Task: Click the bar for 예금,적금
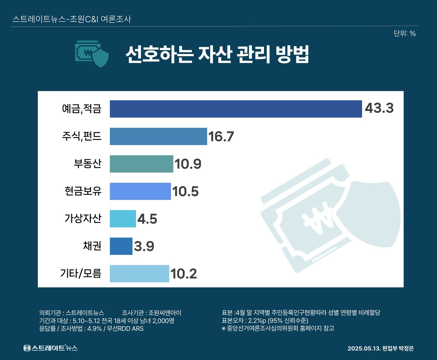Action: coord(236,109)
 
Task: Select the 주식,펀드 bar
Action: coord(158,136)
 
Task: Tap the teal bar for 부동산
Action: coord(141,164)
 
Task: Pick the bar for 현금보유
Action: coord(140,191)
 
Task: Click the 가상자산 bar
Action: coord(123,219)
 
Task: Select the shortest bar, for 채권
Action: coord(121,246)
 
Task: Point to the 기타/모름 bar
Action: coord(139,274)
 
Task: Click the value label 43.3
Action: coord(379,108)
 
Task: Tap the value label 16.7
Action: coord(221,137)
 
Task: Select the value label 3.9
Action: coord(144,246)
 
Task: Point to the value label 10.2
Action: coord(184,274)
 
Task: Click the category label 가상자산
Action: coord(83,218)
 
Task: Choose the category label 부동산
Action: coord(88,164)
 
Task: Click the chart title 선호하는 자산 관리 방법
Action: coord(217,54)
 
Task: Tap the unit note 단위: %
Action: coord(405,33)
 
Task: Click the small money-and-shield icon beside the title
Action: coord(92,54)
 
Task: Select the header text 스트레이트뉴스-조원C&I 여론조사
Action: coord(72,19)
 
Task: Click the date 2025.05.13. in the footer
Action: coord(364,348)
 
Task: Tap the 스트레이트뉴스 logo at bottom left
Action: coord(51,348)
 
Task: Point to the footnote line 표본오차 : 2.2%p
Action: coord(265,321)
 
